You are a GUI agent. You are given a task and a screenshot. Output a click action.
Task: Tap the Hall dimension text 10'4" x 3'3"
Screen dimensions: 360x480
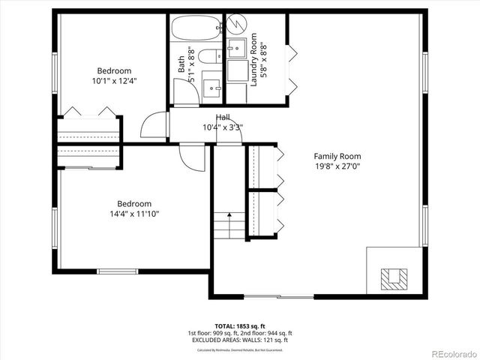(x=223, y=127)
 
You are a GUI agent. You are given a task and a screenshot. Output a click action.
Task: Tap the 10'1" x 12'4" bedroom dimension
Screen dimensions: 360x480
(x=114, y=81)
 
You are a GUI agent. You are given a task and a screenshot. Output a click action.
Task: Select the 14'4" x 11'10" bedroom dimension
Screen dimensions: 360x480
(x=134, y=214)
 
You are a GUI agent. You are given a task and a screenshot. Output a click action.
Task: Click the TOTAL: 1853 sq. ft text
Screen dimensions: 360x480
(x=240, y=326)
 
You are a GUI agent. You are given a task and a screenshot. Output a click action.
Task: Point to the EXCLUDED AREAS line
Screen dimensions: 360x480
(x=240, y=340)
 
